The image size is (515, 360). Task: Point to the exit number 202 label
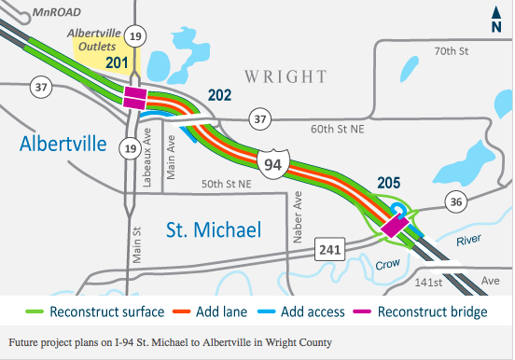click(x=219, y=95)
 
